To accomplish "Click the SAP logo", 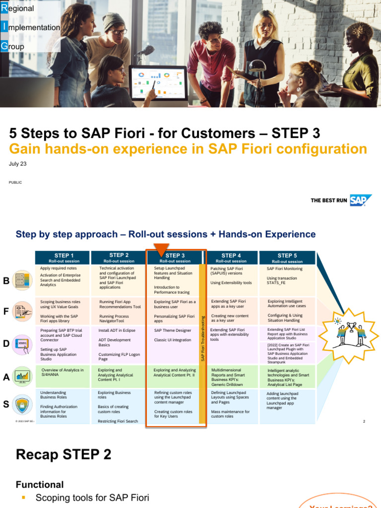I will (x=361, y=200).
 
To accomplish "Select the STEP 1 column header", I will (x=62, y=258).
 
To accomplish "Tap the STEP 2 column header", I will (x=119, y=257).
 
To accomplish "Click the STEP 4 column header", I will (x=232, y=258).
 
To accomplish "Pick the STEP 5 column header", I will (x=288, y=258).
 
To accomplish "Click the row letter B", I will (x=6, y=281).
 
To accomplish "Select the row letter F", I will (x=6, y=312).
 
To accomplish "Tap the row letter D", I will (x=6, y=343).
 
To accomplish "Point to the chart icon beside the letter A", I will (x=22, y=377).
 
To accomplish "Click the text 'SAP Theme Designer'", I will (x=173, y=330).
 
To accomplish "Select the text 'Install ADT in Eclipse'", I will (x=117, y=330).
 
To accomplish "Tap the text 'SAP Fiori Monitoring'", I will (x=284, y=268).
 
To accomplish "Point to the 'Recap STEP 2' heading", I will (x=63, y=454).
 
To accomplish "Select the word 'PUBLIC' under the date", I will (x=15, y=183).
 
